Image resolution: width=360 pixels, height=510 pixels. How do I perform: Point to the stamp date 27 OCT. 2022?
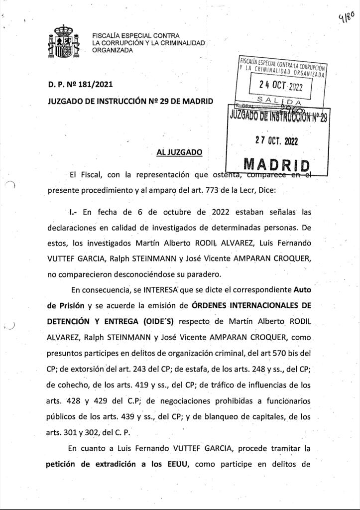tap(276, 141)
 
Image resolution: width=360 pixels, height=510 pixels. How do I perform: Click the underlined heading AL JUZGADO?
tap(179, 152)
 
